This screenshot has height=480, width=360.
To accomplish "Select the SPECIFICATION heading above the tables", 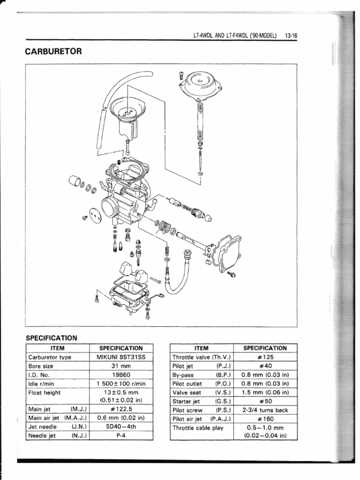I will (51, 337).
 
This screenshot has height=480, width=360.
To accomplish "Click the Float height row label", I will (45, 392).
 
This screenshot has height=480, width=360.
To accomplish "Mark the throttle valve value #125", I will (265, 357).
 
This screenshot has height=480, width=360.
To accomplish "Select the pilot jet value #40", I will (265, 366).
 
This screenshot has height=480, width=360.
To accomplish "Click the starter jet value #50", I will (265, 401).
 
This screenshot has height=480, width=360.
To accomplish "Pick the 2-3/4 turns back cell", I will (265, 410).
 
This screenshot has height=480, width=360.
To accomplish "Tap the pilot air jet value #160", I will (265, 419).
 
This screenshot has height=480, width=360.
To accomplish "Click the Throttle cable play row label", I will (198, 427).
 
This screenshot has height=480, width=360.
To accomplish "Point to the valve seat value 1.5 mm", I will (265, 392).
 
